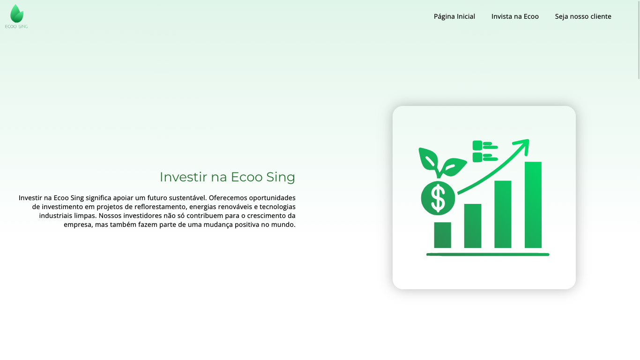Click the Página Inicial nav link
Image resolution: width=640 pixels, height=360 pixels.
point(454,16)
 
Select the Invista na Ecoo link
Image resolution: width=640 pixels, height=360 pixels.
point(515,16)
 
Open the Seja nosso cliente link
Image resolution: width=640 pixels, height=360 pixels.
point(583,16)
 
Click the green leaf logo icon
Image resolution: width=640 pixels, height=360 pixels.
point(16,14)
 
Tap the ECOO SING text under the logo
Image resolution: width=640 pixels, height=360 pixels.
point(16,27)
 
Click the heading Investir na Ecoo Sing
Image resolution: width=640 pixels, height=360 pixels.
point(227,177)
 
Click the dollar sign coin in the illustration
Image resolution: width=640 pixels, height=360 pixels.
point(438,198)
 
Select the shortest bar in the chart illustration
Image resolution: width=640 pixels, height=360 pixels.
point(443,235)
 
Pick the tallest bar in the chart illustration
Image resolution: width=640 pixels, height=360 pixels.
point(533,205)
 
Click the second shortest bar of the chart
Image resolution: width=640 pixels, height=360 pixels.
point(473,226)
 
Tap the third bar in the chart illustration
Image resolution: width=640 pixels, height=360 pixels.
point(503,214)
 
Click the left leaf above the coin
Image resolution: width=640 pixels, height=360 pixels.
point(429,160)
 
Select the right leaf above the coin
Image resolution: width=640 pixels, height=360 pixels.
point(454,167)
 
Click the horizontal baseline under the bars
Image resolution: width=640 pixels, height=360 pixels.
point(488,255)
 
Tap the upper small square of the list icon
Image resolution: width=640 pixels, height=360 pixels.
point(477,145)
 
